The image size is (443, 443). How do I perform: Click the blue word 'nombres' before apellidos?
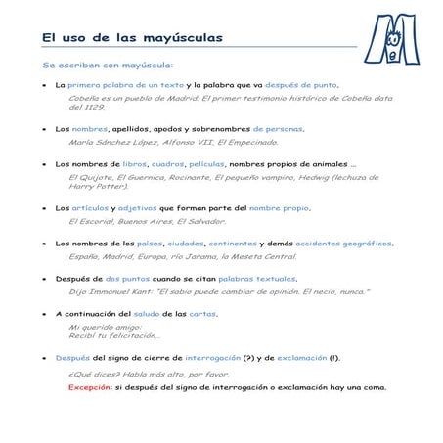(x=90, y=128)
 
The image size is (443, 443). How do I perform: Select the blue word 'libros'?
(x=135, y=164)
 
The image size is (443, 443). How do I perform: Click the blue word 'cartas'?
(x=202, y=314)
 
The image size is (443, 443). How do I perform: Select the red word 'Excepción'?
(x=90, y=386)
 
